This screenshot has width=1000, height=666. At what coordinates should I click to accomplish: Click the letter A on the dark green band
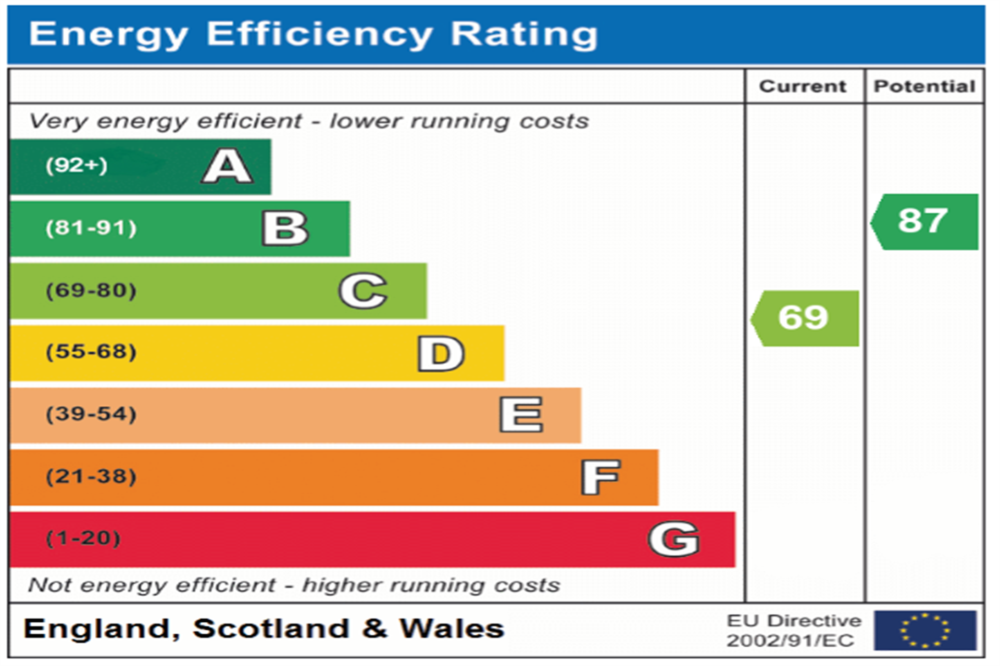tap(228, 166)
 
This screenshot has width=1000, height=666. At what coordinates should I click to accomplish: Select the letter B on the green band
tap(285, 228)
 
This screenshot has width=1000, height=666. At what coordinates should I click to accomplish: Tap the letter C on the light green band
tap(363, 291)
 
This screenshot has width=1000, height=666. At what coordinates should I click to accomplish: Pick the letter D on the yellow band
tap(441, 354)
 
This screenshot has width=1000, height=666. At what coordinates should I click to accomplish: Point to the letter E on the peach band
tap(521, 415)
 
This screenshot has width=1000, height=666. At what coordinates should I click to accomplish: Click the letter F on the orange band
tap(601, 477)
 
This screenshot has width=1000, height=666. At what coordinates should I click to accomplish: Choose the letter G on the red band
tap(673, 539)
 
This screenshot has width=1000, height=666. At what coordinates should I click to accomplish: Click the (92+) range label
tap(77, 165)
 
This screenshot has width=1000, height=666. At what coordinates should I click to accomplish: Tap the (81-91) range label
tap(91, 228)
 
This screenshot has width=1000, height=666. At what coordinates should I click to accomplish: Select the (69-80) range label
tap(91, 290)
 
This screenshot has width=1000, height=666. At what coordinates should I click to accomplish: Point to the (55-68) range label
tap(91, 352)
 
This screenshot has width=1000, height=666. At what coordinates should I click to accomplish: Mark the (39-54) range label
tap(91, 414)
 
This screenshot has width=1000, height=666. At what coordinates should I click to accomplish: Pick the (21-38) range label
tap(91, 477)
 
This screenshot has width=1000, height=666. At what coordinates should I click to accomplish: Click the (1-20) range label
tap(83, 538)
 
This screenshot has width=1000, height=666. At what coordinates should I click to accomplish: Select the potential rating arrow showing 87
tap(924, 221)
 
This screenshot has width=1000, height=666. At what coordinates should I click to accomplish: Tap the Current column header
tap(803, 86)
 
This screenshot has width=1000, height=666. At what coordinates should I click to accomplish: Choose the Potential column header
tap(924, 86)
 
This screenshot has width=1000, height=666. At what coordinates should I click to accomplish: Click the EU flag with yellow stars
tap(925, 631)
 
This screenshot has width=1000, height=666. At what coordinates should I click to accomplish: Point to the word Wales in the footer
tap(452, 629)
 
